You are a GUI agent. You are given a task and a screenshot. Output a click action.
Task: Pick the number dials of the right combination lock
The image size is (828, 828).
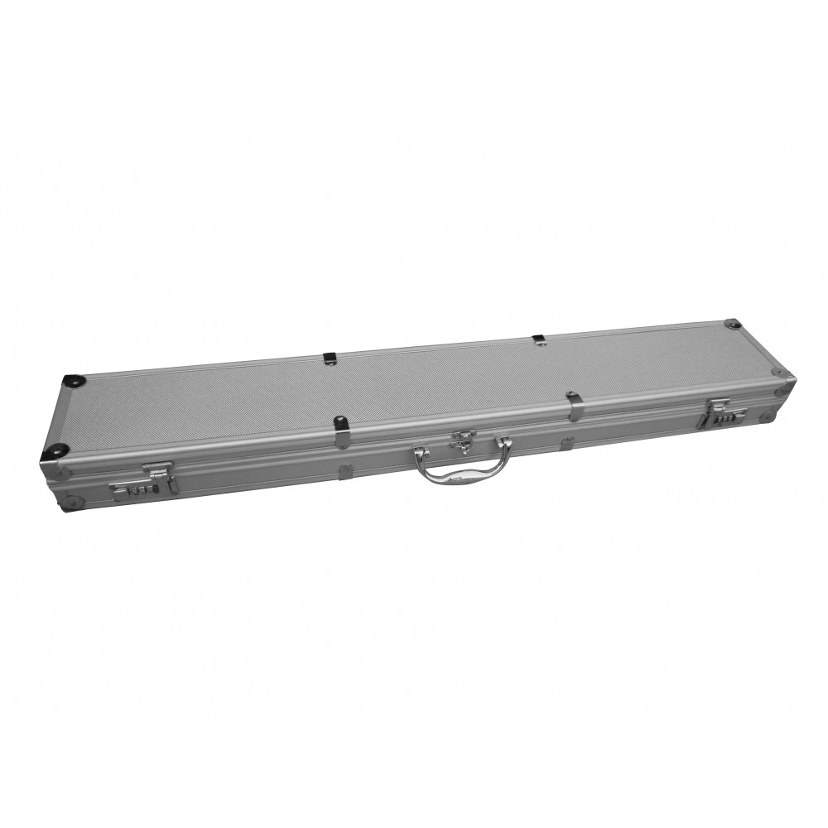point(720,420)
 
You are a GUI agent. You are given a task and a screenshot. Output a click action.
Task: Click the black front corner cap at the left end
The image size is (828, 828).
point(55,452)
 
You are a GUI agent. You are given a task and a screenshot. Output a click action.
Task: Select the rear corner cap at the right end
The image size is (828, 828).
point(732,322)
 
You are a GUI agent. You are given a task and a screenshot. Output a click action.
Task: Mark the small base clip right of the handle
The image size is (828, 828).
point(568,445)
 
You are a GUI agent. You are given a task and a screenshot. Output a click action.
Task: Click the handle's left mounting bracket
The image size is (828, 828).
point(419,453)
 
